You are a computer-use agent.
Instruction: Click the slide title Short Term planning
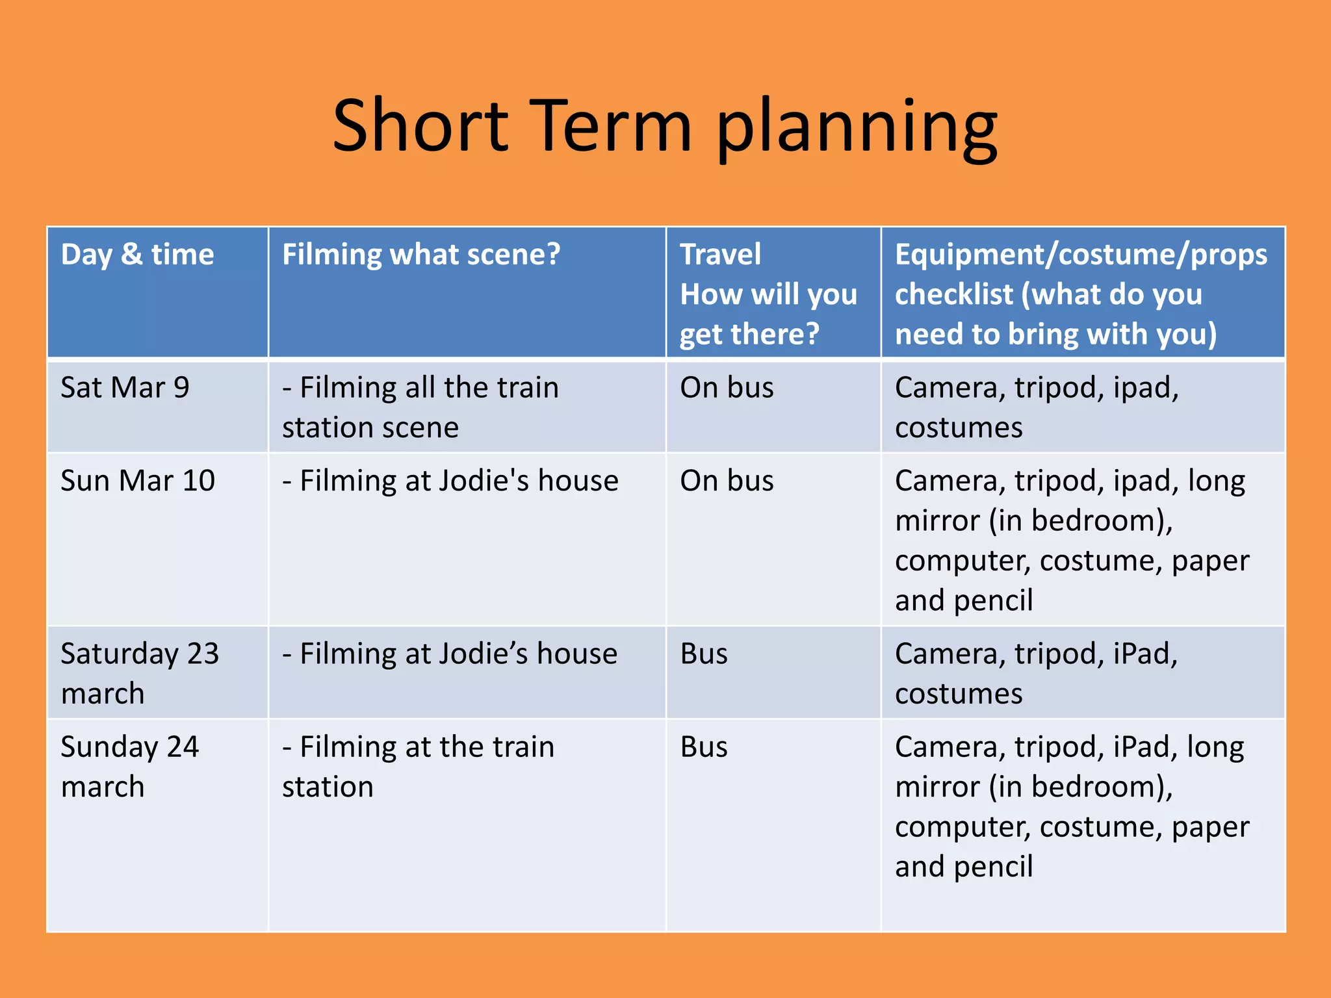pos(664,127)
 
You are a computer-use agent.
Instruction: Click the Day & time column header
pos(137,255)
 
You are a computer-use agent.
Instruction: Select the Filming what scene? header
pos(420,255)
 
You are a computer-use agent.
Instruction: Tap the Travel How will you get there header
pos(768,294)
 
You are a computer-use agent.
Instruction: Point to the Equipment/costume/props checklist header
pos(1080,294)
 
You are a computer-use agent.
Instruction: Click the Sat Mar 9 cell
pos(125,388)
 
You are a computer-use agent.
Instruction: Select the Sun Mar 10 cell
pos(138,481)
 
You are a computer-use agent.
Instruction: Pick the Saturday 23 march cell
pos(139,673)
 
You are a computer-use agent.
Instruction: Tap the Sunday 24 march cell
pos(129,767)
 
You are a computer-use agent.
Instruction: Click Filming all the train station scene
pos(420,407)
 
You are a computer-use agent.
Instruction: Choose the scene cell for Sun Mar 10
pos(450,481)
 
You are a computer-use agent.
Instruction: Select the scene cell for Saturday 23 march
pos(450,654)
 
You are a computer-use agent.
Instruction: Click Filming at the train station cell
pos(418,767)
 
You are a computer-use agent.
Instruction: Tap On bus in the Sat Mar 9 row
pos(727,388)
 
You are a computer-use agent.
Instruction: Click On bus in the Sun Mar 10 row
pos(727,481)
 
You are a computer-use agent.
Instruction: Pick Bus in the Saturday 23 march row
pos(704,654)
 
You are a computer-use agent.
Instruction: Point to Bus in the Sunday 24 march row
pos(704,747)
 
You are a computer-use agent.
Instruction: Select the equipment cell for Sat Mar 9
pos(1036,407)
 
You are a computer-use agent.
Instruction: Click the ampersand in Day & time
pos(132,255)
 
